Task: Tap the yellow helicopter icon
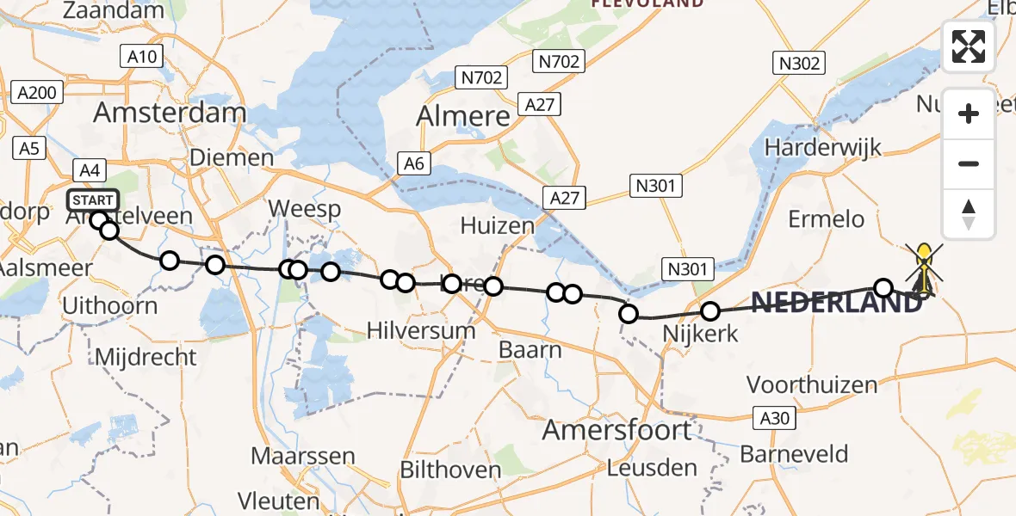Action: pyautogui.click(x=924, y=267)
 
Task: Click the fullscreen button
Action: pyautogui.click(x=969, y=46)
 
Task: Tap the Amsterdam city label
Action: pyautogui.click(x=170, y=113)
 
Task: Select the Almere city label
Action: pyautogui.click(x=463, y=116)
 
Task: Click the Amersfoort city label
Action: pyautogui.click(x=616, y=429)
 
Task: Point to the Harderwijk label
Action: pyautogui.click(x=823, y=147)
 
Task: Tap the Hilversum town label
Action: pyautogui.click(x=420, y=330)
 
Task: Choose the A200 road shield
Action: pyautogui.click(x=37, y=93)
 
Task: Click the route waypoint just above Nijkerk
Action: pyautogui.click(x=710, y=311)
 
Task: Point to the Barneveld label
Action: pyautogui.click(x=794, y=454)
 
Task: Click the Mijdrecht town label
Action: pyautogui.click(x=145, y=357)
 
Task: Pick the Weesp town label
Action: pyautogui.click(x=304, y=209)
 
